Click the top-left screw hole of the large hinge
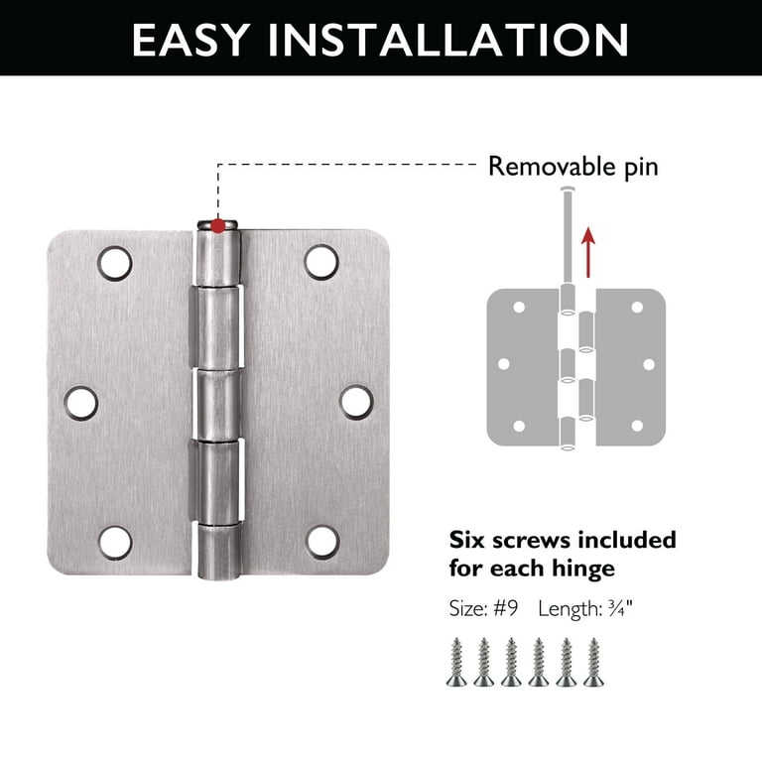[114, 262]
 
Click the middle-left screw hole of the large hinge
[81, 402]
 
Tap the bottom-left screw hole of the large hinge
[114, 541]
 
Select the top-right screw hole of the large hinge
[320, 262]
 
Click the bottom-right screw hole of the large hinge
[320, 541]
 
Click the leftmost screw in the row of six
[455, 662]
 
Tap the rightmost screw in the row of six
[593, 662]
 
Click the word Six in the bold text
[470, 541]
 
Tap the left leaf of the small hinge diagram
[524, 367]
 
